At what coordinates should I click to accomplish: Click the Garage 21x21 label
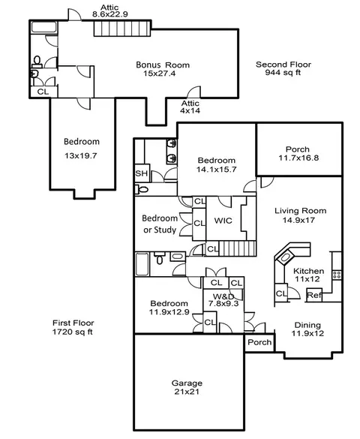[187, 387]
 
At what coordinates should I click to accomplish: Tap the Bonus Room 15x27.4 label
[163, 69]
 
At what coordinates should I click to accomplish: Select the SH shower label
[141, 173]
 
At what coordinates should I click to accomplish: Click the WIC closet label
[223, 221]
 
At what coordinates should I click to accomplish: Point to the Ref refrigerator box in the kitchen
[314, 295]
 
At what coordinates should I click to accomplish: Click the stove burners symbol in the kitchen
[337, 275]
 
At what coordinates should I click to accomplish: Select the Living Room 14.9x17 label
[300, 215]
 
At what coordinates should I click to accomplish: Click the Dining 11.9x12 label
[307, 329]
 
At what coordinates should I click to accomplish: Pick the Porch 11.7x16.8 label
[298, 153]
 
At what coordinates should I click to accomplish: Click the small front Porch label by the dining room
[259, 342]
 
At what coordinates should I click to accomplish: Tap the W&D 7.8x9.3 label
[223, 300]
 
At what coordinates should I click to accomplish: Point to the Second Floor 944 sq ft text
[283, 68]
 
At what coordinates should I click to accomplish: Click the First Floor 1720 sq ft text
[73, 327]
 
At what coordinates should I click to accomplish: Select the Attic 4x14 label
[190, 107]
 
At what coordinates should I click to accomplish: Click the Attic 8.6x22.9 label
[110, 11]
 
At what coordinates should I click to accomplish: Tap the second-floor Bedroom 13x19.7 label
[81, 149]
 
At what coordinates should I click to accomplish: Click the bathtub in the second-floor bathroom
[44, 28]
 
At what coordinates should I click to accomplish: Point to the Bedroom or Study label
[160, 224]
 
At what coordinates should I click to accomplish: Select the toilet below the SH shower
[142, 190]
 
